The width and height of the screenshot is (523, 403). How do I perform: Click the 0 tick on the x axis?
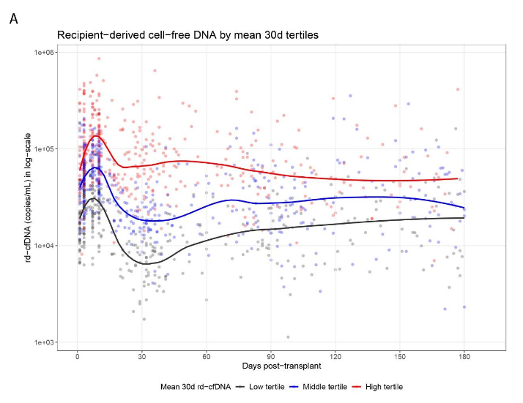[78, 357]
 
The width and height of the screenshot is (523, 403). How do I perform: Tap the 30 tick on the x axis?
[142, 357]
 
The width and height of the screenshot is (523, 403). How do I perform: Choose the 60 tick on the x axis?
[207, 357]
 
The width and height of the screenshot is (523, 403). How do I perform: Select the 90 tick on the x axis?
[271, 357]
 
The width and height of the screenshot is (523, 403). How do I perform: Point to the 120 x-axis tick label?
[335, 357]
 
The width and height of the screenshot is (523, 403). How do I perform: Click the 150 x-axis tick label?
[400, 357]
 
